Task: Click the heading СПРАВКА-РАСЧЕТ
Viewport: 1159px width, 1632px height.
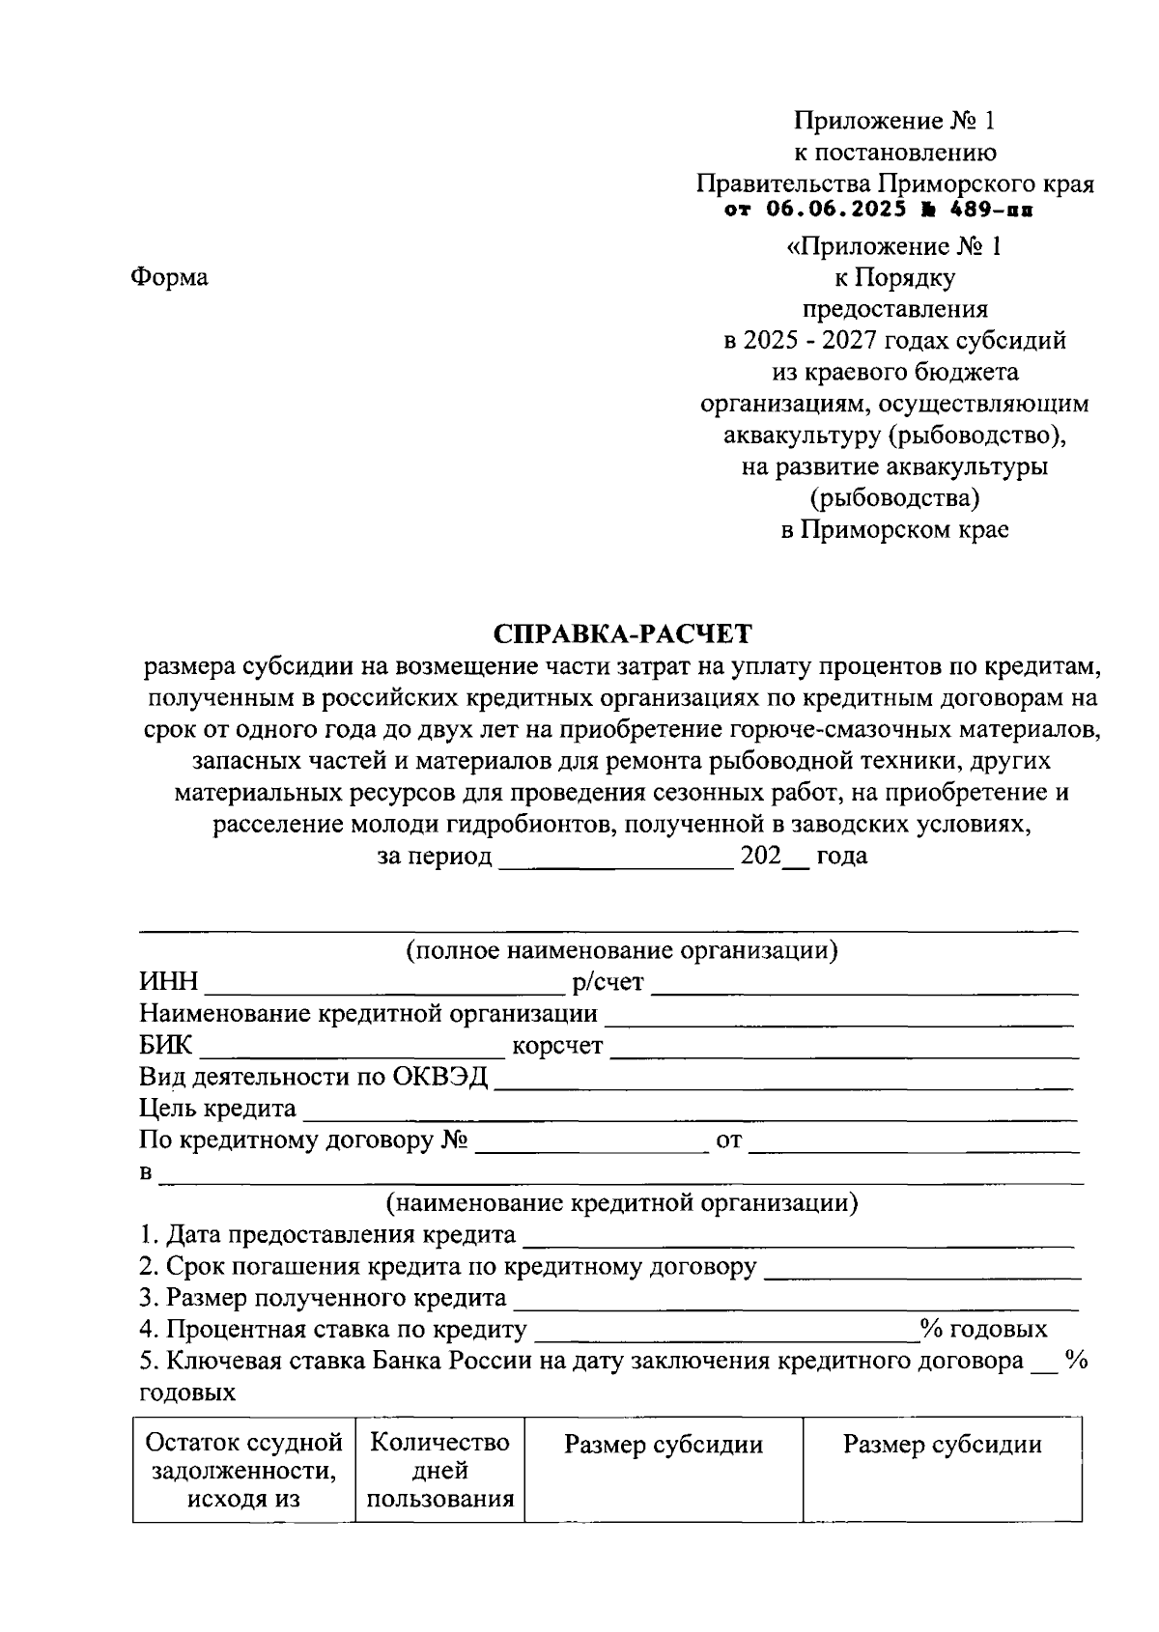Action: pyautogui.click(x=622, y=634)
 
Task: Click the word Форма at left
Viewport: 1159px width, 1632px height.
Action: pyautogui.click(x=169, y=278)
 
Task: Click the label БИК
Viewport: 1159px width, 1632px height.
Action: pyautogui.click(x=165, y=1046)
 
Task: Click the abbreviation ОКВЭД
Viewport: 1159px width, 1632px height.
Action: pyautogui.click(x=439, y=1078)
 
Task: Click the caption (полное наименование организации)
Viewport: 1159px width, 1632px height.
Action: pyautogui.click(x=621, y=951)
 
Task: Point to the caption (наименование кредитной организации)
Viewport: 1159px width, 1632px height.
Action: pyautogui.click(x=621, y=1204)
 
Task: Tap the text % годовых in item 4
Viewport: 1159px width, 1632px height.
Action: pyautogui.click(x=984, y=1330)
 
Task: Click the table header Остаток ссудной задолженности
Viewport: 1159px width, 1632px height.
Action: pyautogui.click(x=243, y=1471)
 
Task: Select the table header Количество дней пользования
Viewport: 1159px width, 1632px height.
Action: pyautogui.click(x=439, y=1471)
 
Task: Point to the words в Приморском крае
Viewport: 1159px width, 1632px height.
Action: pyautogui.click(x=894, y=530)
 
